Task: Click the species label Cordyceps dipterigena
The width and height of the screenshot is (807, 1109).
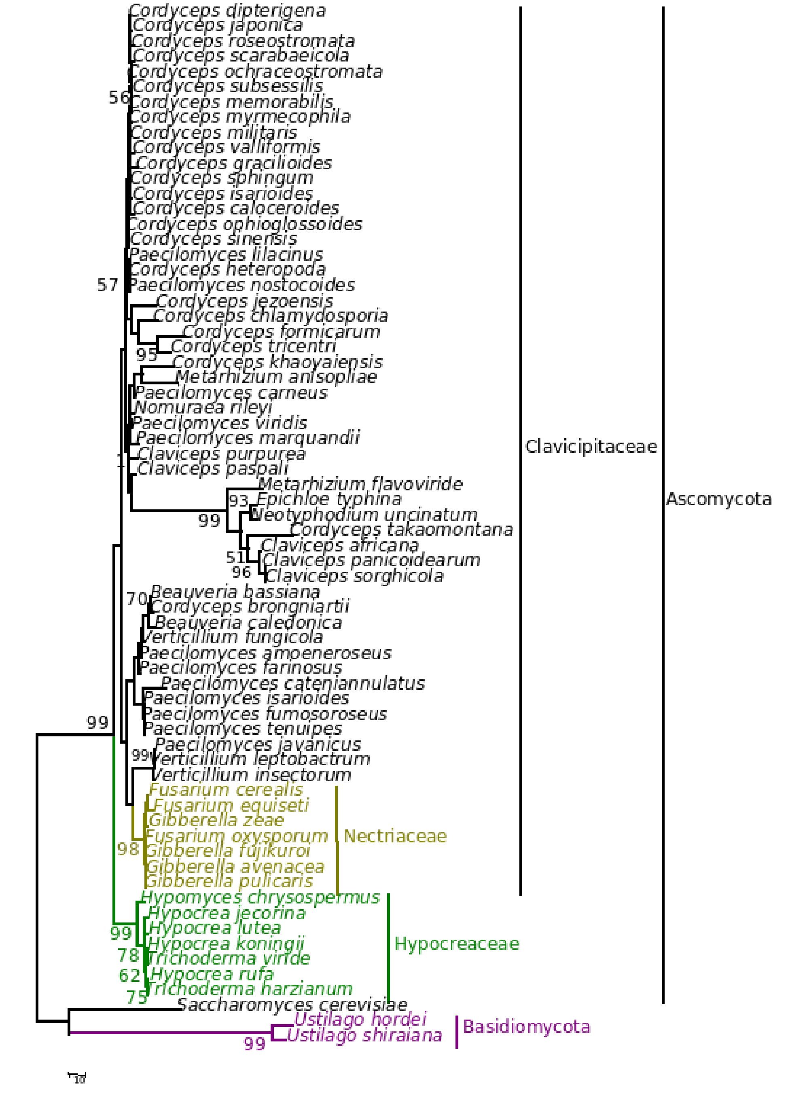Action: click(227, 11)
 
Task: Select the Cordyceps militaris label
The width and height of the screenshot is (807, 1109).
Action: click(214, 133)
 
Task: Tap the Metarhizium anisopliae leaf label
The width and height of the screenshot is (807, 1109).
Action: click(276, 377)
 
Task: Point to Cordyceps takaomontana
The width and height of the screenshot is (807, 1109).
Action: click(401, 530)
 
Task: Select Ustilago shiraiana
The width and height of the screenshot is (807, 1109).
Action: click(364, 1035)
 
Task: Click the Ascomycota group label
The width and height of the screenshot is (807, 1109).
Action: click(718, 499)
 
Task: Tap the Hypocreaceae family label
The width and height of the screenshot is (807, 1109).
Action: click(457, 944)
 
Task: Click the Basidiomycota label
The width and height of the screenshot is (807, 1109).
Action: click(526, 1027)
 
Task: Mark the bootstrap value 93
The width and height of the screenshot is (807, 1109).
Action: click(239, 501)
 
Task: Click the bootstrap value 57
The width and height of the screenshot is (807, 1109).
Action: click(108, 285)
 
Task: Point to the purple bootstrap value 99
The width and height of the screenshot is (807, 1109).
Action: click(255, 1044)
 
